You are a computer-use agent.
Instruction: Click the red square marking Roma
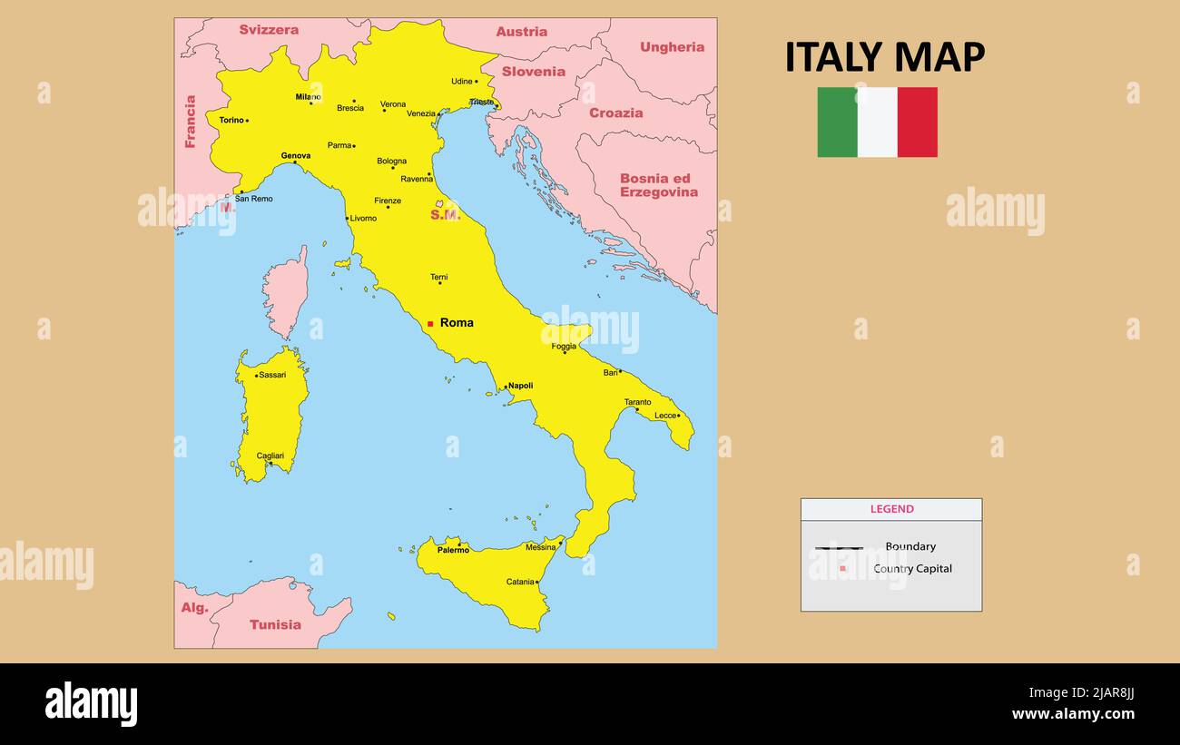(x=430, y=323)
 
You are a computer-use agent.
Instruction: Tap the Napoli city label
(x=520, y=386)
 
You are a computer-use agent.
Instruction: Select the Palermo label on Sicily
(x=453, y=550)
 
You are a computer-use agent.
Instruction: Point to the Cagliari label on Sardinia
(x=270, y=456)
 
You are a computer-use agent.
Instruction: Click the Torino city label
(x=231, y=120)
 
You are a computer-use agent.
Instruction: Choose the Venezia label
(x=421, y=113)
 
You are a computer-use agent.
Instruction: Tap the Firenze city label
(x=388, y=201)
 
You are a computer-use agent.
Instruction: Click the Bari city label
(x=610, y=372)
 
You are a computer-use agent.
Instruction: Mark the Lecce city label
(x=665, y=416)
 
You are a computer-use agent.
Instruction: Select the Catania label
(x=520, y=582)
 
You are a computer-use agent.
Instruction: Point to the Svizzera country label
(x=269, y=30)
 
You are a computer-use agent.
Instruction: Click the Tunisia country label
(x=275, y=624)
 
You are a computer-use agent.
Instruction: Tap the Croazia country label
(x=615, y=113)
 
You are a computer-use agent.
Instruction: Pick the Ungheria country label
(x=672, y=47)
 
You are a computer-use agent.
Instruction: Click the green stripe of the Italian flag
(x=837, y=123)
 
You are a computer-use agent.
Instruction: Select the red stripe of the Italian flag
(x=917, y=123)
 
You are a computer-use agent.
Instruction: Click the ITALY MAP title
(x=884, y=57)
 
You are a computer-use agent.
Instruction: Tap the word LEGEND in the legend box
(x=891, y=509)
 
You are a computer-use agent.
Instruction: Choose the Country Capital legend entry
(x=912, y=569)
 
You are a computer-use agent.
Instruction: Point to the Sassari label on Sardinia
(x=272, y=375)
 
